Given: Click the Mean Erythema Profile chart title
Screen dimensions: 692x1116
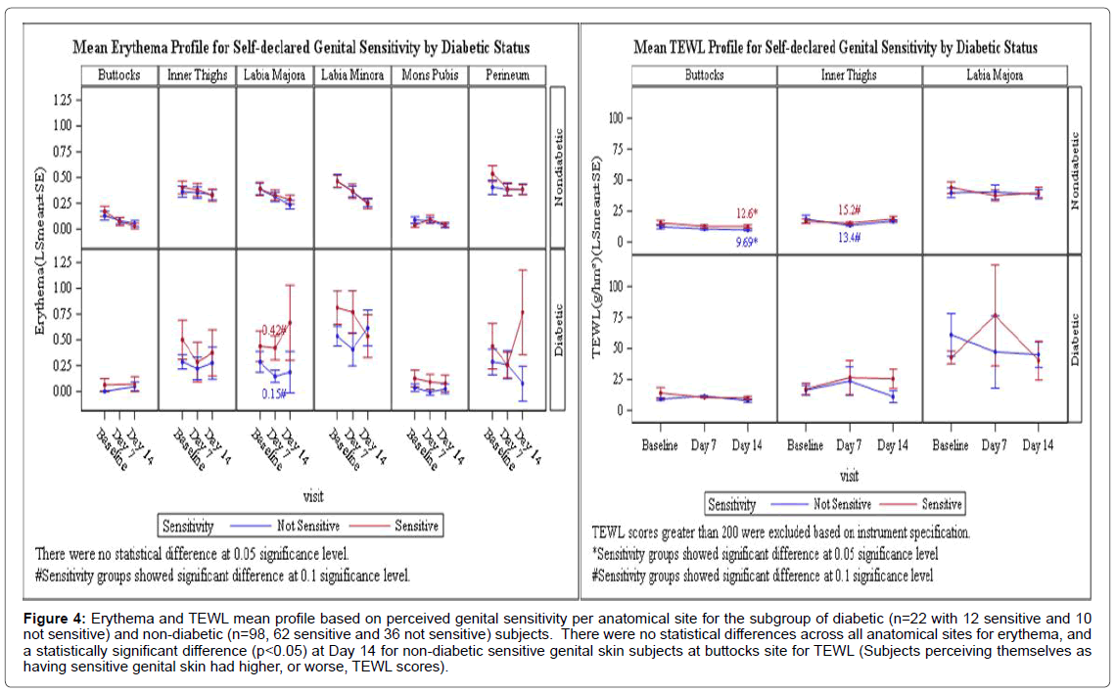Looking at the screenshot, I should coord(301,48).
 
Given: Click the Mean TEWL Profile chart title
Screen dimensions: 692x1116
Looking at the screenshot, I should coord(835,47).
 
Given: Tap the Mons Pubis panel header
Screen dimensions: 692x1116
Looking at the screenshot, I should coord(430,74).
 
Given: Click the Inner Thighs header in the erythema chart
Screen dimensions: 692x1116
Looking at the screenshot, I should coord(197,74).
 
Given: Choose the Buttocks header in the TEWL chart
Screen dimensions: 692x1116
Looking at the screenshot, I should coord(704,74).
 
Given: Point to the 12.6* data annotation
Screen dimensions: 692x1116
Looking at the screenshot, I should coord(749,214).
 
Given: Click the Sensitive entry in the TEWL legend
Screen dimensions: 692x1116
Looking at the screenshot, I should coord(942,504).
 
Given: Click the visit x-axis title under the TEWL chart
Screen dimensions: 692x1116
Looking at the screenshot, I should coord(849,477).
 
